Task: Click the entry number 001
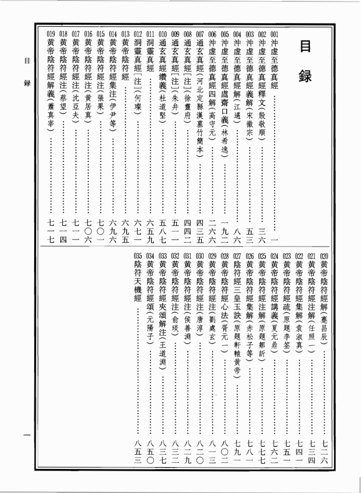coord(275,34)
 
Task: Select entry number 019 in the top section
coord(51,34)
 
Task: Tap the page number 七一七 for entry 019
coord(51,230)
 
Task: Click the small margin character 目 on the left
coord(26,62)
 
